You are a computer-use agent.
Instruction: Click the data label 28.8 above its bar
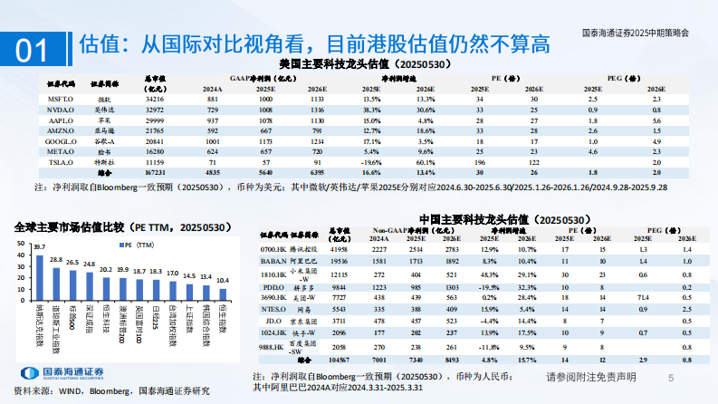coord(56,259)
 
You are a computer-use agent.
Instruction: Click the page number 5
coord(671,377)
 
